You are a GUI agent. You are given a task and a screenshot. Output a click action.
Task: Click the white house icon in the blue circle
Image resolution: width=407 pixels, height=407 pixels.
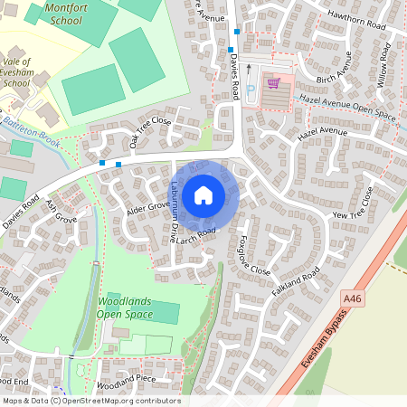coord(203,195)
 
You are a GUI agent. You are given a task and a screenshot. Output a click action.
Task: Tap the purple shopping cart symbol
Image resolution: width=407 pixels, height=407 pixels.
coord(273,84)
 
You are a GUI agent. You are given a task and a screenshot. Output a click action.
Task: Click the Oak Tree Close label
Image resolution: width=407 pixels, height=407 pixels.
coord(149,132)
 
